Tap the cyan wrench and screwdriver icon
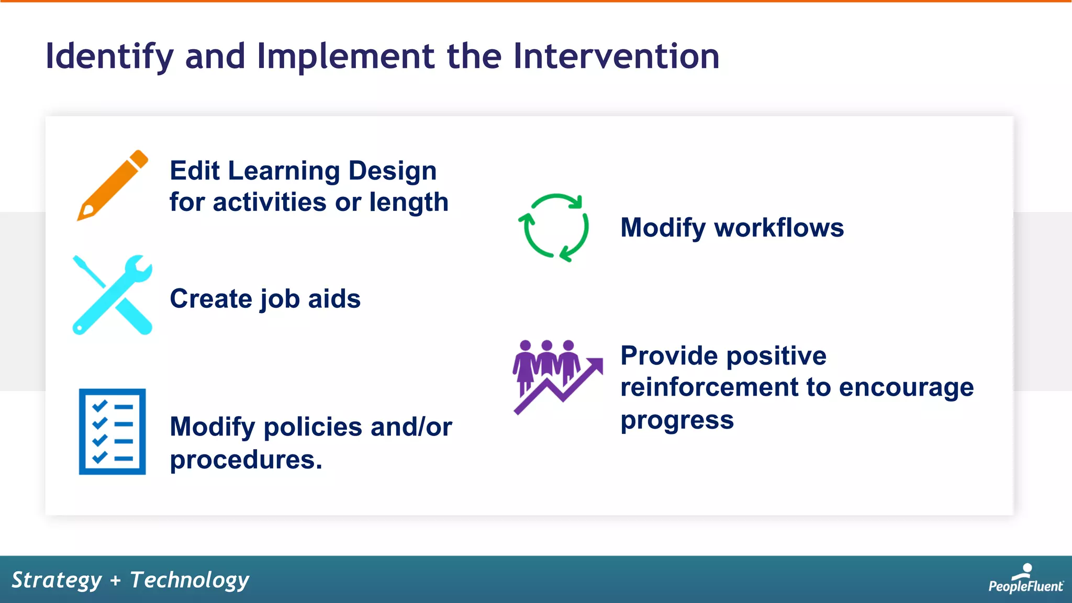click(x=112, y=295)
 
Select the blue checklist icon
click(x=112, y=431)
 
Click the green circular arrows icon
click(x=554, y=228)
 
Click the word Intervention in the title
click(x=616, y=56)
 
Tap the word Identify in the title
click(x=109, y=56)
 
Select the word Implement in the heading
click(x=345, y=56)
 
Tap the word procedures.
click(x=246, y=460)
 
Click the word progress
click(x=677, y=420)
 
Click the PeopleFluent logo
click(x=1025, y=579)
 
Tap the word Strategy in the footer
click(x=57, y=580)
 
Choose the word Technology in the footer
click(x=189, y=580)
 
